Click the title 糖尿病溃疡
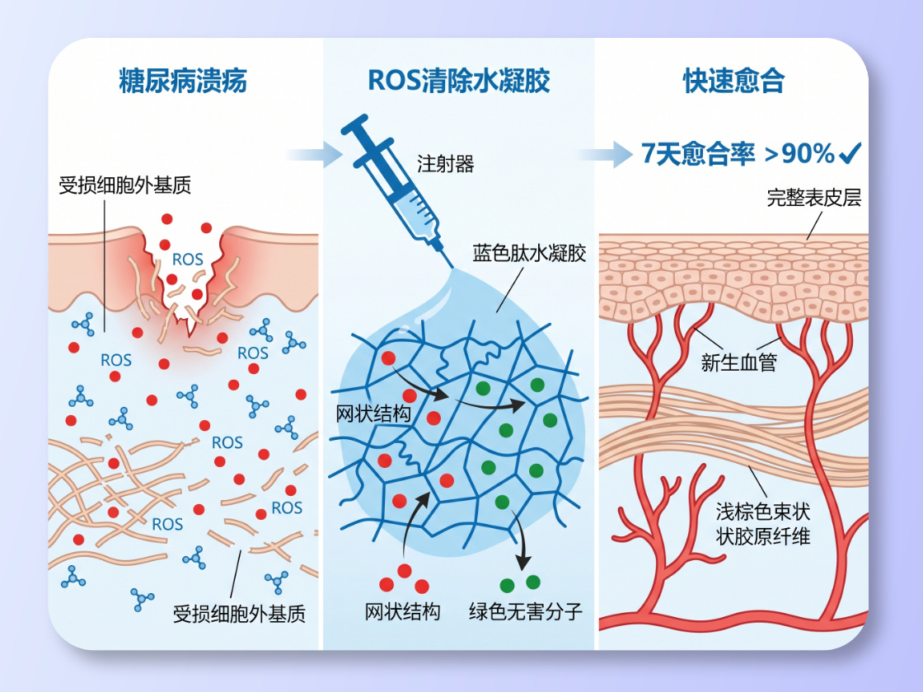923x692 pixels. click(x=182, y=82)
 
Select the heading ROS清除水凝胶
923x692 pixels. click(x=458, y=82)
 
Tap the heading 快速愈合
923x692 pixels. click(x=733, y=82)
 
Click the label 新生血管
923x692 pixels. click(x=738, y=362)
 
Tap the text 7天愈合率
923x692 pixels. click(x=698, y=154)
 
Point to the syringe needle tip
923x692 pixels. click(x=449, y=265)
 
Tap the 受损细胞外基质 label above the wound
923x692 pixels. click(x=125, y=185)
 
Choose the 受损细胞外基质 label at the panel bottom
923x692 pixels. click(x=239, y=614)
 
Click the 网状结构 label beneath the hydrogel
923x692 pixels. click(x=402, y=611)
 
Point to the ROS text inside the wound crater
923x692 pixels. click(x=188, y=259)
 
